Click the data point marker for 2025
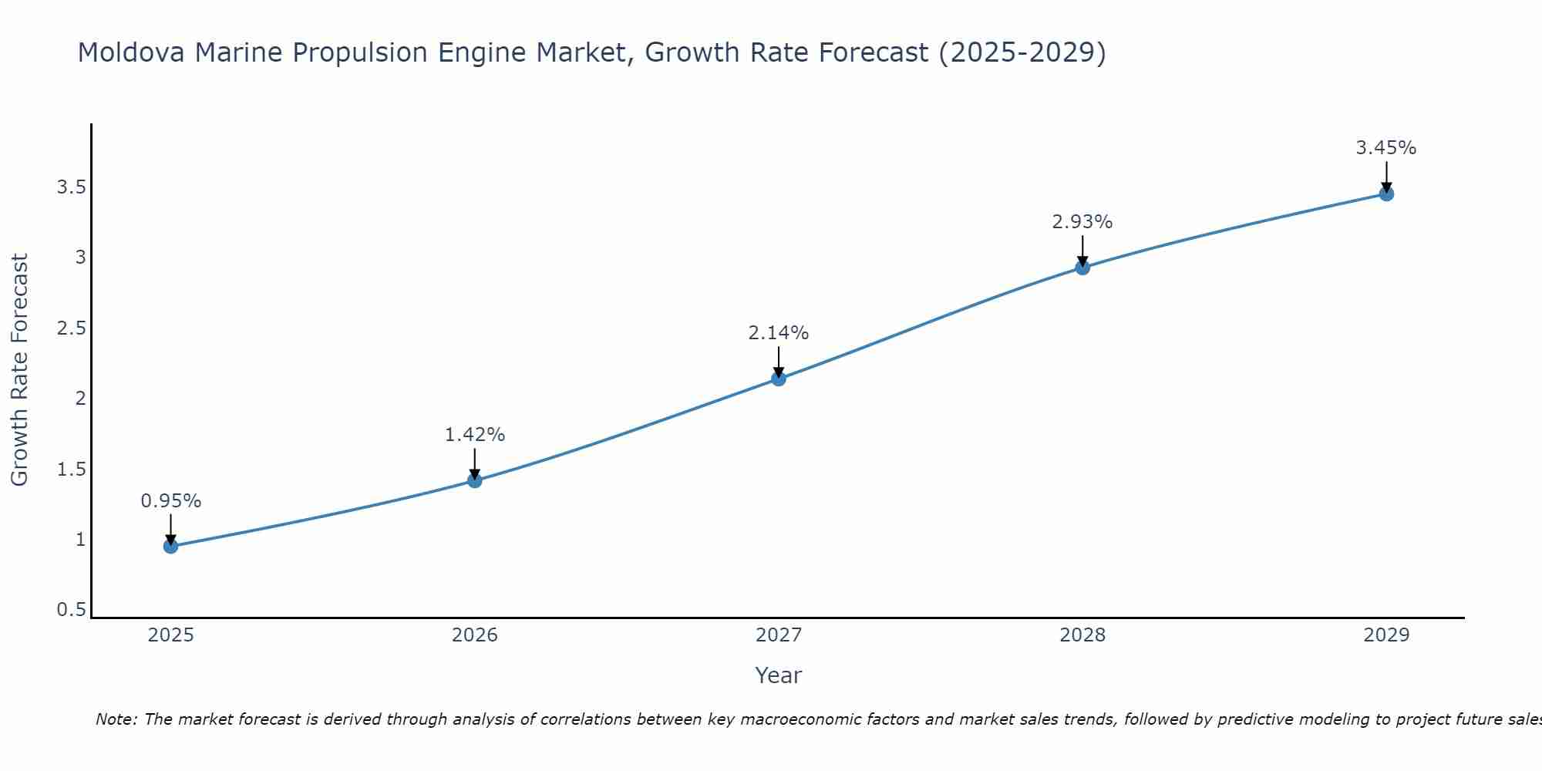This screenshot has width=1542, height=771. pos(170,547)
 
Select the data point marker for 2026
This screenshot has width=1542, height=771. pos(475,480)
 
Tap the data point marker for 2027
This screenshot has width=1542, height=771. pos(779,379)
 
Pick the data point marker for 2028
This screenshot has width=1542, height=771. pos(1082,268)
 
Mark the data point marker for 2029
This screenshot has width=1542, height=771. pos(1386,194)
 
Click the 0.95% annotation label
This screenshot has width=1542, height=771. pos(170,501)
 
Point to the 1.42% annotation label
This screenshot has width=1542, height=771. pos(475,435)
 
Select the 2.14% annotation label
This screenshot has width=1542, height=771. pos(779,333)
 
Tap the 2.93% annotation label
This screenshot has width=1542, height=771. pos(1082,222)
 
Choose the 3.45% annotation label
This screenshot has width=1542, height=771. pos(1386,148)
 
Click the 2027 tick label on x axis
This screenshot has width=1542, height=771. pos(779,635)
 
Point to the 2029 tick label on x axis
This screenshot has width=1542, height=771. pos(1386,635)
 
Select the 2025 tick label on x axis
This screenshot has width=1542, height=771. pos(170,635)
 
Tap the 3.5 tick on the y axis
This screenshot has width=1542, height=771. pos(71,187)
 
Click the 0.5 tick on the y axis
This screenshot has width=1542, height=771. pos(71,610)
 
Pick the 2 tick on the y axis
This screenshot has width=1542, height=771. pos(80,399)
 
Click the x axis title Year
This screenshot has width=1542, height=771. pos(779,675)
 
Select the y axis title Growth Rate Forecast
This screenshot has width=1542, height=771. pos(20,370)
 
